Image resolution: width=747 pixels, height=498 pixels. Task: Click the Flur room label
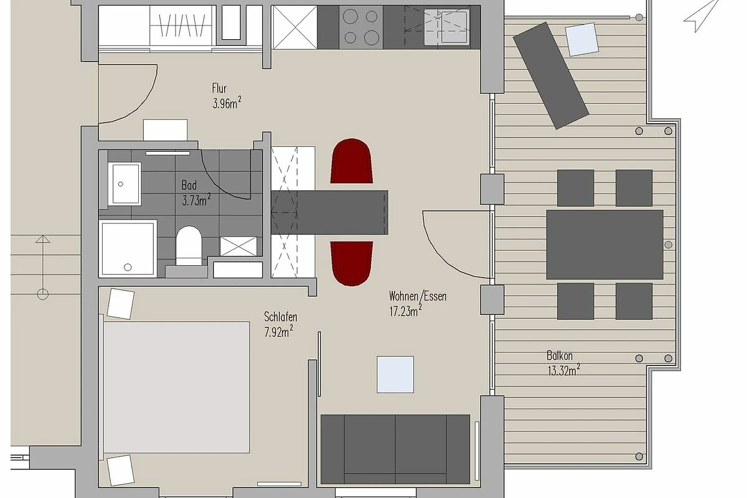pyautogui.click(x=219, y=88)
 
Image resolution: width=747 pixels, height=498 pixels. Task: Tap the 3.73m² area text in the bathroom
pyautogui.click(x=197, y=200)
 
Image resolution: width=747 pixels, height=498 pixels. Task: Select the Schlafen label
pyautogui.click(x=281, y=317)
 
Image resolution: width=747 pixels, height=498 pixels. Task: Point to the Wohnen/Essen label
pyautogui.click(x=418, y=296)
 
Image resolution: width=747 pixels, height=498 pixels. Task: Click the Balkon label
pyautogui.click(x=559, y=356)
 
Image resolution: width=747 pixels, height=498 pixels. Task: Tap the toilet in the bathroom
pyautogui.click(x=189, y=245)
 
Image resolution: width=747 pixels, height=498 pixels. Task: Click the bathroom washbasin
pyautogui.click(x=125, y=184)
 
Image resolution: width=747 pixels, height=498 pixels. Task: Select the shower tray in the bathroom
pyautogui.click(x=128, y=248)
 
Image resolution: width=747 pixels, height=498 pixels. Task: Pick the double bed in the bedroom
pyautogui.click(x=174, y=387)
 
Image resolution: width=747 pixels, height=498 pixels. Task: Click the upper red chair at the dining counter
pyautogui.click(x=352, y=161)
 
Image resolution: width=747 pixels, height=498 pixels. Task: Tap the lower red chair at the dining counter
pyautogui.click(x=352, y=263)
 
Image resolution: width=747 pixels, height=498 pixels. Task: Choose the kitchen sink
pyautogui.click(x=447, y=27)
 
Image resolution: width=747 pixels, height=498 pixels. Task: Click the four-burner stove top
pyautogui.click(x=361, y=27)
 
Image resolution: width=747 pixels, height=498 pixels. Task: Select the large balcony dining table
pyautogui.click(x=604, y=245)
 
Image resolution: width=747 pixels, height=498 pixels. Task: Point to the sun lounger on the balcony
pyautogui.click(x=550, y=75)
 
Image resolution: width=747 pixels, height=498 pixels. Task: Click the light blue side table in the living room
pyautogui.click(x=395, y=375)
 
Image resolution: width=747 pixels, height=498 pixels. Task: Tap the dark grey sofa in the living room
pyautogui.click(x=395, y=449)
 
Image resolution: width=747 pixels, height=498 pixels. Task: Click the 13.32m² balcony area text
pyautogui.click(x=563, y=370)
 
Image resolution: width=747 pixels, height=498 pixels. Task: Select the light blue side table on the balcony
pyautogui.click(x=582, y=39)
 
